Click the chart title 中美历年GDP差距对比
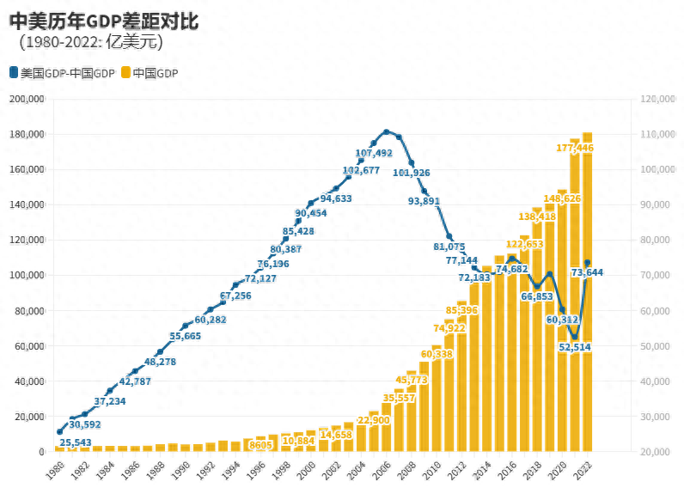point(104,21)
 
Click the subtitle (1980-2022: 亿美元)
point(90,42)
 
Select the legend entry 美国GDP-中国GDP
point(62,73)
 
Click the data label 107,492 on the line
point(373,154)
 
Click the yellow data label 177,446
point(575,149)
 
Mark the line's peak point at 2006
point(387,132)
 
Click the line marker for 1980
point(59,431)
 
